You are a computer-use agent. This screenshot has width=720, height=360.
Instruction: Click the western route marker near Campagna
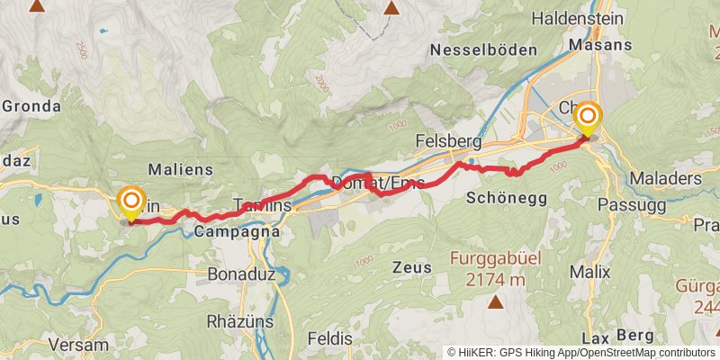131,201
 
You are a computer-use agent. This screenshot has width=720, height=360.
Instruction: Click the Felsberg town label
449,141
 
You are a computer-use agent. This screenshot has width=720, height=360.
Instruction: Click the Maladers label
666,178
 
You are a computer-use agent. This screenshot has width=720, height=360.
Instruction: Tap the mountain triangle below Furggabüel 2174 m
495,302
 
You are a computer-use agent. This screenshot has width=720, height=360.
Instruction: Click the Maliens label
179,169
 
